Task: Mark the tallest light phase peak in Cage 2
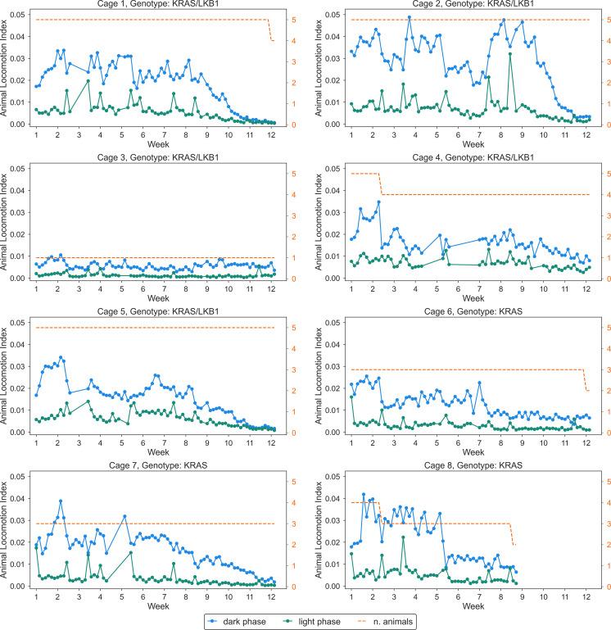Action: (509, 54)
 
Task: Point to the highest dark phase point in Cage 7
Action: (61, 501)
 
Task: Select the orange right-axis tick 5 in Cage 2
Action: (601, 19)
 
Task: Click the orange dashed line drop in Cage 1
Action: (271, 30)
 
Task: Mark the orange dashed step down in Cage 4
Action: (380, 184)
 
